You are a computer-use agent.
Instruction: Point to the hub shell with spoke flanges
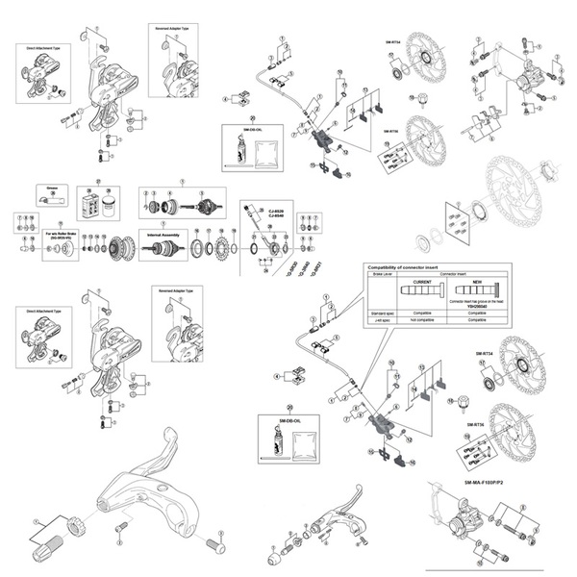pos(123,249)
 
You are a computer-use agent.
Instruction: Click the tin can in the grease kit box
pos(108,205)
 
